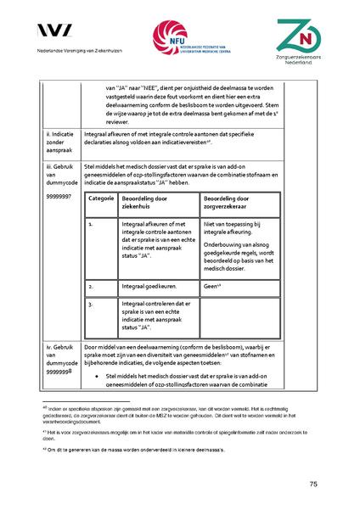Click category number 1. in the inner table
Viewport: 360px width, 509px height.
point(91,224)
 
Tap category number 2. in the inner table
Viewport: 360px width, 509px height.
point(91,287)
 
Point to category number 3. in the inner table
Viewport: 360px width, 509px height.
point(91,303)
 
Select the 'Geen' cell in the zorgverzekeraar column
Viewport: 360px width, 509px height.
point(212,287)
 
